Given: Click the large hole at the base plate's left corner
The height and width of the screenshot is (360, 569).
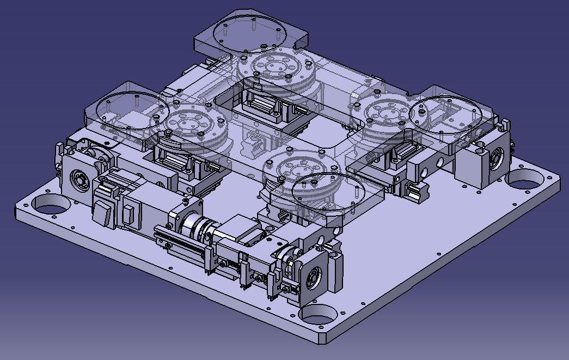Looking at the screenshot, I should tap(49, 205).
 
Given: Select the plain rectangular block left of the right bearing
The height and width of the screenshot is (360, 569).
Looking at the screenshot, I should tap(468, 166).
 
